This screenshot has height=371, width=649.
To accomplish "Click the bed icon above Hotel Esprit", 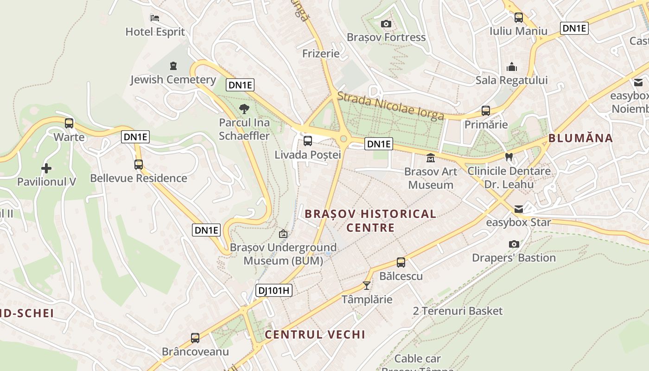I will click(x=155, y=18).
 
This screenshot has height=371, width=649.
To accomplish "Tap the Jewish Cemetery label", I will click(x=173, y=80).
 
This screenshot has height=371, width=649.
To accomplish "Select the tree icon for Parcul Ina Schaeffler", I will click(x=244, y=109).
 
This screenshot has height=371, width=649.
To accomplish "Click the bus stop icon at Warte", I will click(x=69, y=123).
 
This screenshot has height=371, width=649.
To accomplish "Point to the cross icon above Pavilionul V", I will click(x=46, y=168).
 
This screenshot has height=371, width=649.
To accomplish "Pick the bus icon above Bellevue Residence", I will click(x=138, y=165).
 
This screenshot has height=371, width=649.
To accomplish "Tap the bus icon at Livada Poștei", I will click(x=307, y=141).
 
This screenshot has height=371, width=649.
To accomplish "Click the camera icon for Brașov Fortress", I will click(x=386, y=24).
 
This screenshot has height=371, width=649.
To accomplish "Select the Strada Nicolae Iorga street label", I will click(x=391, y=106).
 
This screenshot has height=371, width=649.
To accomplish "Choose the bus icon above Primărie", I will click(x=486, y=111).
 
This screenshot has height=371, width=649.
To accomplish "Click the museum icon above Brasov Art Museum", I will click(x=431, y=158).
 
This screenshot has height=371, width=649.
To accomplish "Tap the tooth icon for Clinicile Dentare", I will click(x=509, y=157).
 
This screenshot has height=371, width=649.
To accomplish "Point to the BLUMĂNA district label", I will click(x=580, y=138).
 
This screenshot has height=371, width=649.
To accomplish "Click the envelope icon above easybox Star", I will click(x=518, y=209).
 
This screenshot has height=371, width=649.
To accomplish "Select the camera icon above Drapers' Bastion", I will click(x=514, y=244).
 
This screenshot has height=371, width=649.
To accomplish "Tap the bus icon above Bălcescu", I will click(x=401, y=262).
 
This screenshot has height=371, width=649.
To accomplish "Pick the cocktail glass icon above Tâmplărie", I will click(x=367, y=286).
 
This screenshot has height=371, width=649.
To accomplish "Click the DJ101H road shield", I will click(x=274, y=291).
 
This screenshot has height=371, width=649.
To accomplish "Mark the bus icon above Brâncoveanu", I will click(x=195, y=338).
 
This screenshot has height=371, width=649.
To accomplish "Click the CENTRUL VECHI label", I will click(x=315, y=334).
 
